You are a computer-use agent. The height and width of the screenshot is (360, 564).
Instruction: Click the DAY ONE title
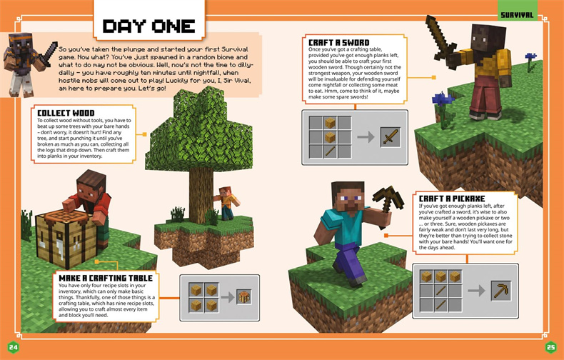click(149, 26)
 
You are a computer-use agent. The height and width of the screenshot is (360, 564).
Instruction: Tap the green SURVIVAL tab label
click(517, 15)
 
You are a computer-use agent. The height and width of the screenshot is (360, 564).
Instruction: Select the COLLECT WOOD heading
click(66, 113)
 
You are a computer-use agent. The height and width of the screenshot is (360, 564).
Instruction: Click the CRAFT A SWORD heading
click(339, 42)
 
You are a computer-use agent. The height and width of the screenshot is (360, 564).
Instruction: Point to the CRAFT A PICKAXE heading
click(452, 199)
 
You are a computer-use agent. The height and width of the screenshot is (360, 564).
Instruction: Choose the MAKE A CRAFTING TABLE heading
click(106, 278)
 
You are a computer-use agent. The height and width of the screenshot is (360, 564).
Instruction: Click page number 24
click(13, 347)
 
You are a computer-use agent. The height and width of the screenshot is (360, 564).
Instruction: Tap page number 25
click(550, 347)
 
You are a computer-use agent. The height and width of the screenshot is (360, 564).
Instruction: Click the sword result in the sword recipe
click(391, 137)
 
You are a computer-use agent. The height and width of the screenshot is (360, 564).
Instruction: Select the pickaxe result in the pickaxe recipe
click(501, 291)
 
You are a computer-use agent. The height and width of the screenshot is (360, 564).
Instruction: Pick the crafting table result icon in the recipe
click(244, 297)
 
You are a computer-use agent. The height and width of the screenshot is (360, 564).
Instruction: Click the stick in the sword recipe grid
click(330, 151)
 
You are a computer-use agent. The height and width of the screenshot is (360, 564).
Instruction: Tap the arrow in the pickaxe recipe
click(476, 291)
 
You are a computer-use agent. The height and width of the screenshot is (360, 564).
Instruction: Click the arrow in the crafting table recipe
click(227, 297)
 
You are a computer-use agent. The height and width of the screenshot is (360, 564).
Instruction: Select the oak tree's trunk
click(201, 194)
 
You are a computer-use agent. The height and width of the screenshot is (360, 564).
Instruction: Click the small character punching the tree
click(226, 203)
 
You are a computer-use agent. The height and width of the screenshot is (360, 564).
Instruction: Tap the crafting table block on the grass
click(65, 239)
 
